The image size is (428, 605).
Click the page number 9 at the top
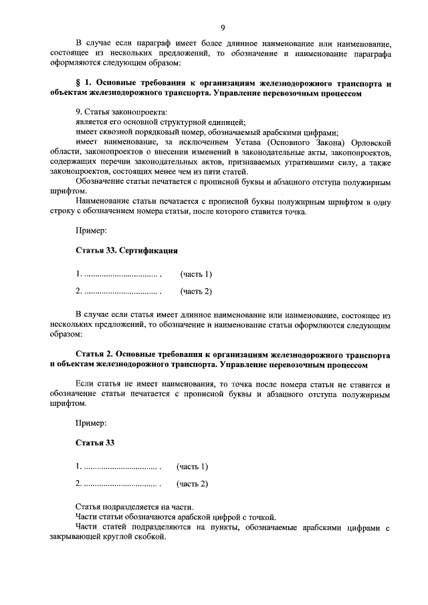point(222,27)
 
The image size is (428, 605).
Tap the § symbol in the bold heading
point(78,84)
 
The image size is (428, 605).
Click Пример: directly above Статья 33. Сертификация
point(90,231)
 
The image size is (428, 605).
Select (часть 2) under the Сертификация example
point(196,291)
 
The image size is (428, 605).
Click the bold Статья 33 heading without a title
point(95,443)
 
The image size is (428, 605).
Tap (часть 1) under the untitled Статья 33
point(192,466)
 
